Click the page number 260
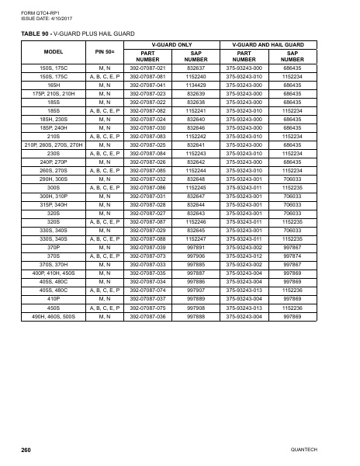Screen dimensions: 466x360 (26, 450)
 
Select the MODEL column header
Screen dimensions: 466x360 (54, 51)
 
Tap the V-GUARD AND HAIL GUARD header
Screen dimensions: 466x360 (268, 45)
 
